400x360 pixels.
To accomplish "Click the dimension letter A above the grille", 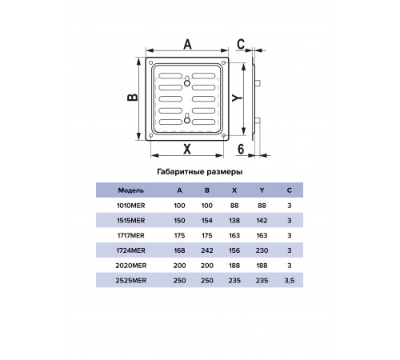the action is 188,44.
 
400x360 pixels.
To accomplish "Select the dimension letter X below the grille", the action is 187,149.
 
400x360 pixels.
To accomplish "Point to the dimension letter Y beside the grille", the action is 237,98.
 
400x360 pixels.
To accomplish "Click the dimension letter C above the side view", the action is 241,44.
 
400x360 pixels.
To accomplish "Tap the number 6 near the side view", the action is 241,149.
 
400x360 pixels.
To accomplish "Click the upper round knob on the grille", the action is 187,83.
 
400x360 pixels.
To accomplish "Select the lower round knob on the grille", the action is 187,121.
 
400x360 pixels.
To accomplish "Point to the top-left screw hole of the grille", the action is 150,63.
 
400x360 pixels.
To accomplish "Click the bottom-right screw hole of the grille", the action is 223,135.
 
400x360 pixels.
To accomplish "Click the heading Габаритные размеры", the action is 200,172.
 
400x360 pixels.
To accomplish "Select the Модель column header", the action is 130,190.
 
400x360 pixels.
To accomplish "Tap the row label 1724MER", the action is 131,250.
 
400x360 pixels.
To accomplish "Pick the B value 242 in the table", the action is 207,250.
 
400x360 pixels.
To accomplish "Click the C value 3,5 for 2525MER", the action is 290,281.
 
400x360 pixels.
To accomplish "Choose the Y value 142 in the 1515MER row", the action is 262,221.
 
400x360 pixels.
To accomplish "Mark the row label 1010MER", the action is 131,206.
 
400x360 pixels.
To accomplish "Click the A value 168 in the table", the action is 179,250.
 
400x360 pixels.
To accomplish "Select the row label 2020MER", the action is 131,266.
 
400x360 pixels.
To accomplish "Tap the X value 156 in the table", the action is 234,250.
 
